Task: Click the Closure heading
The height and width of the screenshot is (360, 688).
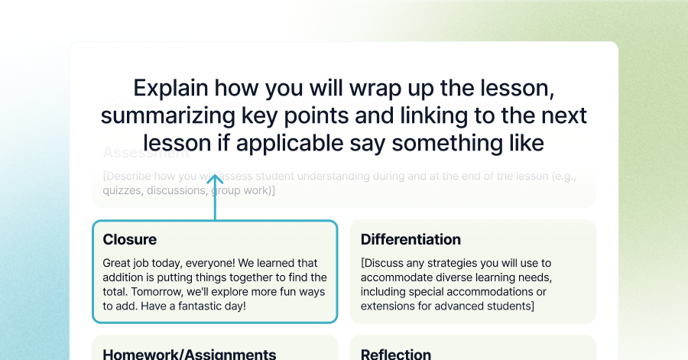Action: [129, 239]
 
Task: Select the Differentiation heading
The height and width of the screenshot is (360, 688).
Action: [411, 239]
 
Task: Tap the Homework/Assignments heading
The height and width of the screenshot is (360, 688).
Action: [189, 354]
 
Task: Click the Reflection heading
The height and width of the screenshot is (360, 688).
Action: [396, 354]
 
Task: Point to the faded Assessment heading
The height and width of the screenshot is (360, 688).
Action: [145, 151]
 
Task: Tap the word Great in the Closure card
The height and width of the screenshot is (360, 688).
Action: [117, 263]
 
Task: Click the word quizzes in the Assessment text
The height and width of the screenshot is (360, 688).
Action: [122, 190]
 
